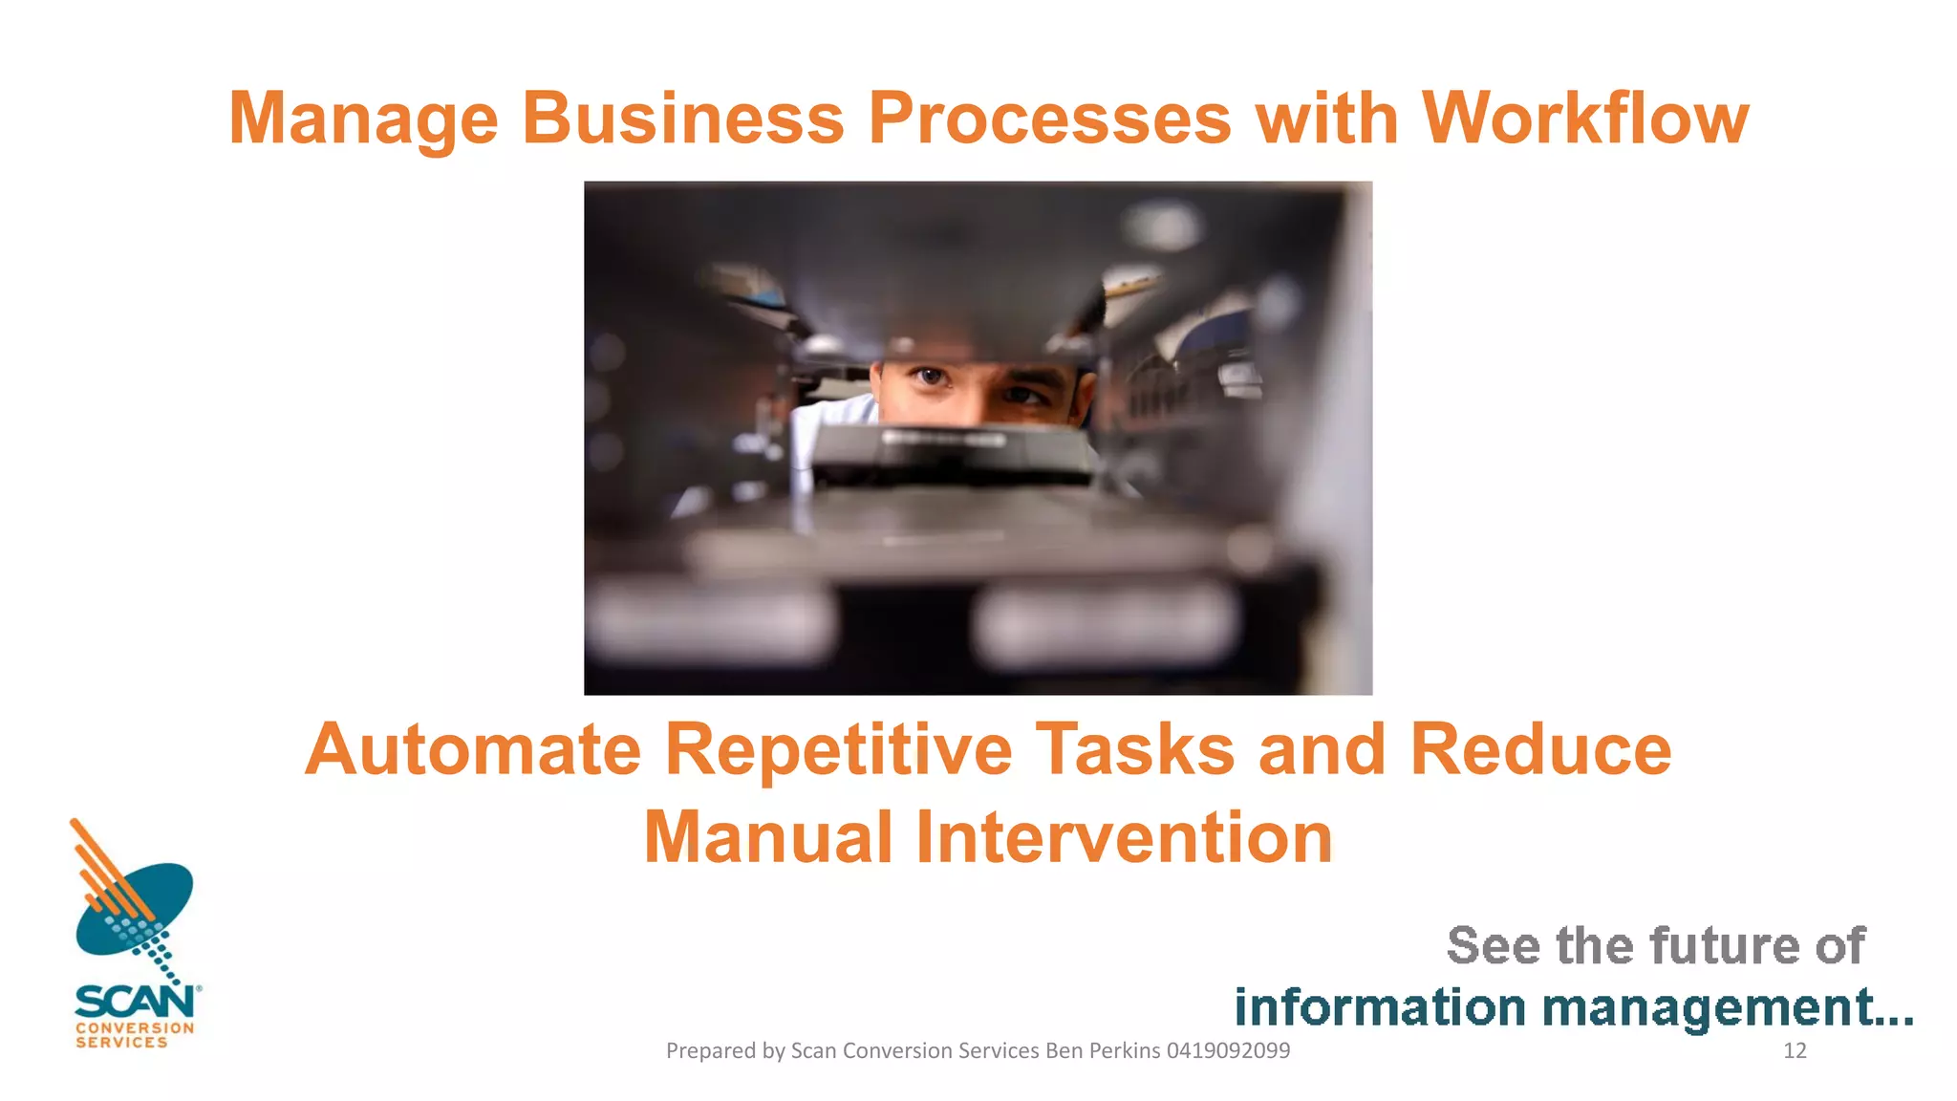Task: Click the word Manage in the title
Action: [363, 119]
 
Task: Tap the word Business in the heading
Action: [682, 119]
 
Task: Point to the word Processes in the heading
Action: [1048, 119]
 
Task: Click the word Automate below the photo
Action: [472, 750]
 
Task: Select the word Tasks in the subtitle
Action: [1135, 750]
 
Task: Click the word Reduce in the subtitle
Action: [1540, 750]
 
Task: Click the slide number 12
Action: [1795, 1051]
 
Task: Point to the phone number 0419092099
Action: [1228, 1051]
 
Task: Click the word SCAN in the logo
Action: [135, 1003]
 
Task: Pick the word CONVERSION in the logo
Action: [135, 1028]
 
